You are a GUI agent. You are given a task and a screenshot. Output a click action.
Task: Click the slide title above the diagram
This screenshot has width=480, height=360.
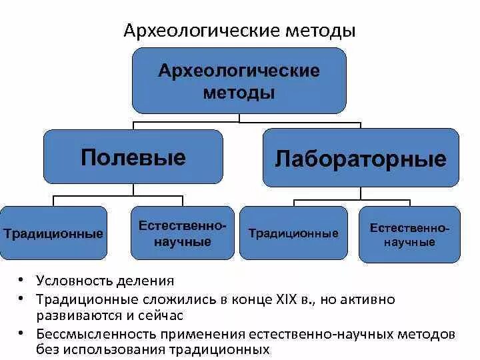239,31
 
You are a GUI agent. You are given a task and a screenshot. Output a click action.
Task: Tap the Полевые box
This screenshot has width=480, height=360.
133,157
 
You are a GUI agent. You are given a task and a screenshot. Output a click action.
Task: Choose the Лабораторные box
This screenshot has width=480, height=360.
361,159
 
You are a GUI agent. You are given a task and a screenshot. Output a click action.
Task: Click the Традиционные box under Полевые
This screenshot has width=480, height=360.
53,233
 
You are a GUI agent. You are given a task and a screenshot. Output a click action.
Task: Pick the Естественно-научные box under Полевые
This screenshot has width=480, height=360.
183,233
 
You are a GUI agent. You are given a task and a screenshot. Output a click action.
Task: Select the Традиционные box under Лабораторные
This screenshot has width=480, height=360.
293,233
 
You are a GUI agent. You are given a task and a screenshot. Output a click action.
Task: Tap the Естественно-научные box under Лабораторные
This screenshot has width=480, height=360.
409,235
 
